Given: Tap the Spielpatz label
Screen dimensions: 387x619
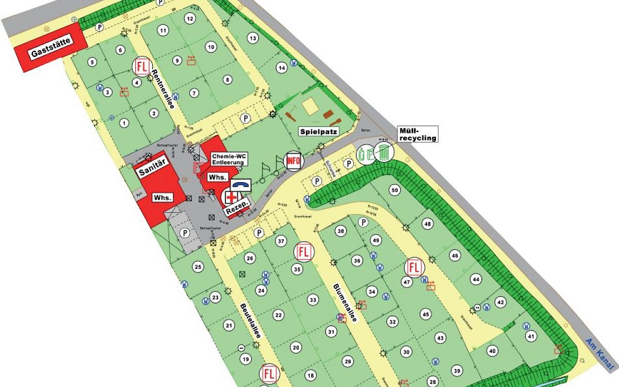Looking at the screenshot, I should [319, 132].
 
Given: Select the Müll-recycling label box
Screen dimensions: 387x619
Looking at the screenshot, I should [418, 134].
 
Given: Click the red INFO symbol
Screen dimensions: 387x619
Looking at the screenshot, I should [294, 160].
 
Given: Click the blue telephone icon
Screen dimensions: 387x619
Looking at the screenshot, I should [241, 185].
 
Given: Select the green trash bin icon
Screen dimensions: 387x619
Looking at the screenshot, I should [384, 152].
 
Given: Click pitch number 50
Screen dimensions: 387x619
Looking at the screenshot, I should [395, 190].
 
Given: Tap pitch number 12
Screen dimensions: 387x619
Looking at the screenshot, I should [190, 19].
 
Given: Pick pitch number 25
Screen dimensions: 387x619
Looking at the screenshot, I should [198, 267].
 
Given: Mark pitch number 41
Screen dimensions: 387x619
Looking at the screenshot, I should [531, 336].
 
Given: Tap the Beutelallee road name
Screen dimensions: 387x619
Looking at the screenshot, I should [250, 320].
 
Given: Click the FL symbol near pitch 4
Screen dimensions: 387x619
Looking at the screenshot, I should [141, 66].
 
